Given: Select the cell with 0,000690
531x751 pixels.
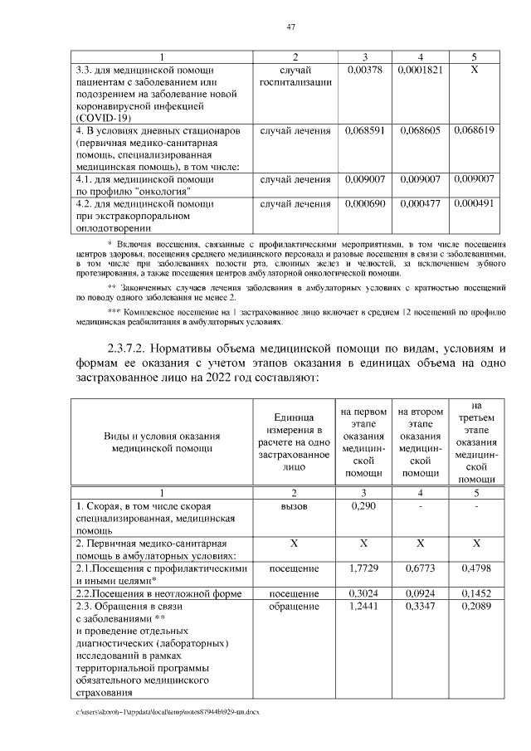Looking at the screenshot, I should click(362, 203).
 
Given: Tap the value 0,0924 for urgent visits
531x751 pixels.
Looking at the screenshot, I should click(420, 594).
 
